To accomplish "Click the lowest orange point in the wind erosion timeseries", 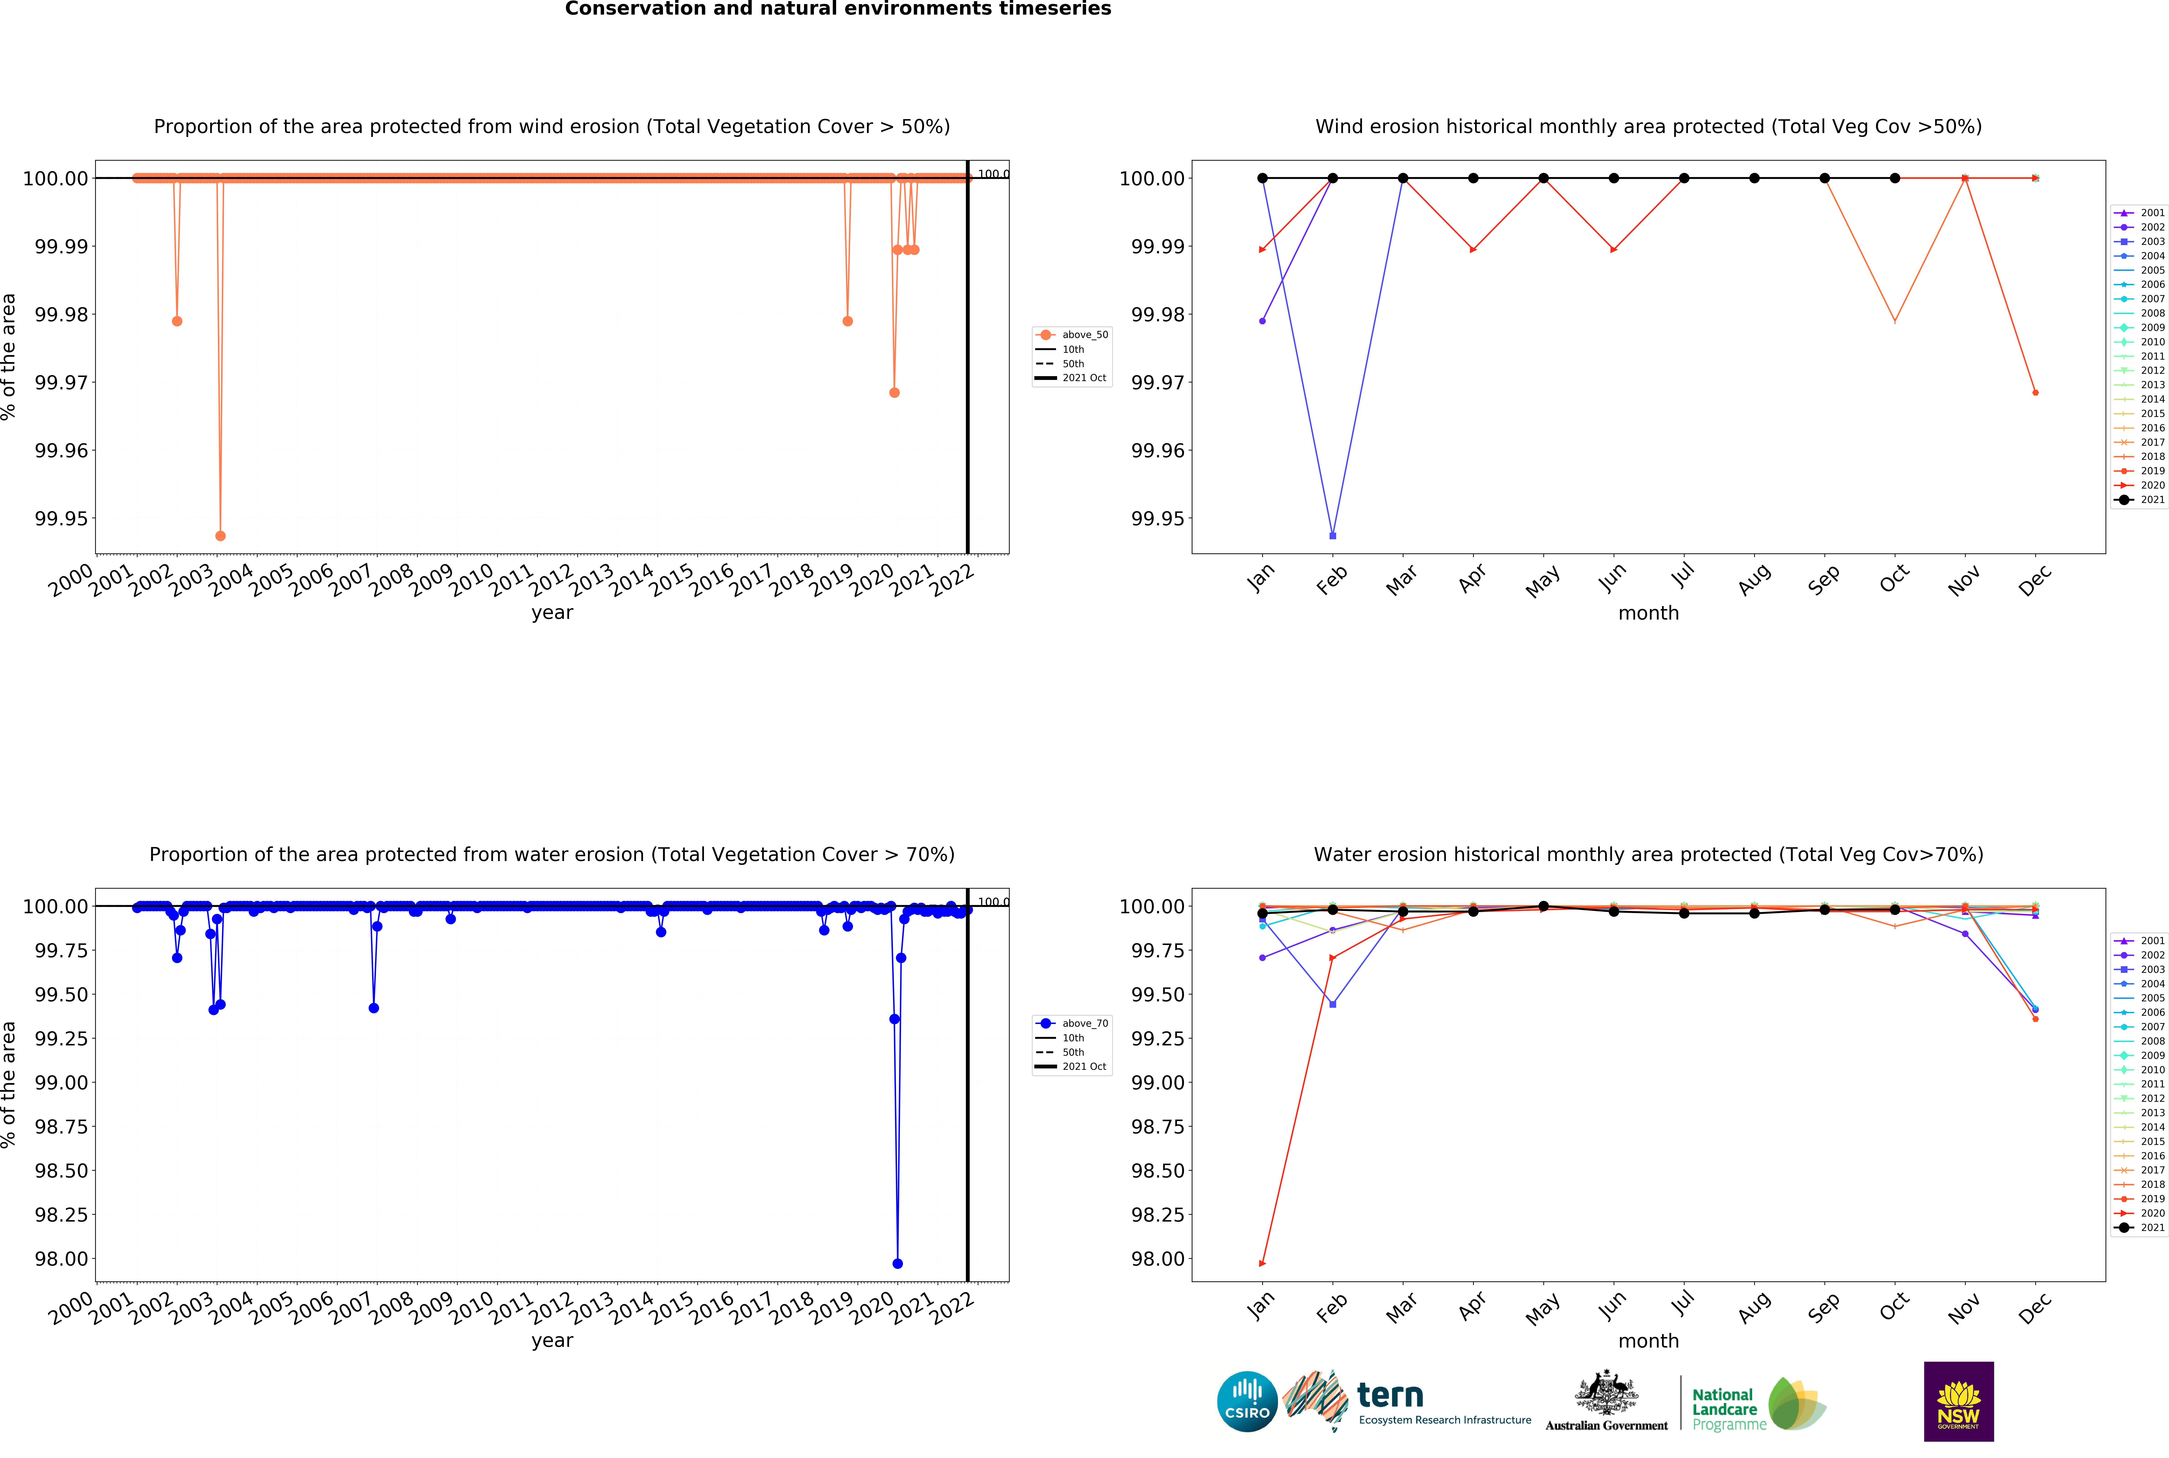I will [x=220, y=536].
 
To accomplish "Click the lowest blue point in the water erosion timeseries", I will [x=897, y=1264].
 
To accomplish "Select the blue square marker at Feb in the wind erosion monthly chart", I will [x=1333, y=536].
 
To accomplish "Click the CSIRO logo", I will [x=1247, y=1401].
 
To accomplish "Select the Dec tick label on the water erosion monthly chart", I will [x=2034, y=1309].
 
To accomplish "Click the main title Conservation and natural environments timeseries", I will [x=838, y=9].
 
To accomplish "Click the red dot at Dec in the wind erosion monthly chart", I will [x=2035, y=392].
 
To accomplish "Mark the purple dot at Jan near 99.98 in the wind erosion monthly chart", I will [x=1262, y=321].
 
